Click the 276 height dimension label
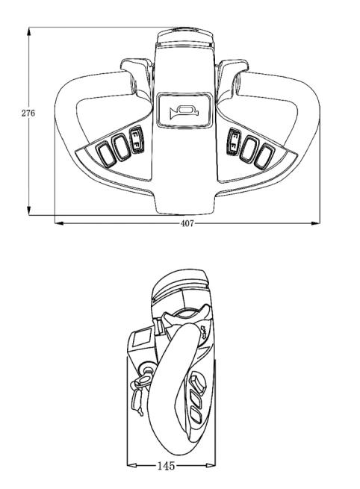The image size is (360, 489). (x=28, y=113)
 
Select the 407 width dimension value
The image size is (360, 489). (x=187, y=223)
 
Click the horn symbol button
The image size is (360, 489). (x=184, y=110)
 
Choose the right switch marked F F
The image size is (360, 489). (x=235, y=141)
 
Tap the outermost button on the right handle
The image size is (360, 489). (x=264, y=156)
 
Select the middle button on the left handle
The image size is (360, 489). (x=121, y=147)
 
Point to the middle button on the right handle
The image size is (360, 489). (x=249, y=149)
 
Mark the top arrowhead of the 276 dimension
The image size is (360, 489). (x=29, y=31)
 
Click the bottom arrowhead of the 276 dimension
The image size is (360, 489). (x=29, y=211)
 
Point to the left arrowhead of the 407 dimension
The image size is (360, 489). (x=59, y=223)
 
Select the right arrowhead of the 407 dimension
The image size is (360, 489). (x=316, y=223)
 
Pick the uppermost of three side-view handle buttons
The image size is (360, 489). (x=198, y=381)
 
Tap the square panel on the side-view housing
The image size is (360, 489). (x=143, y=337)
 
